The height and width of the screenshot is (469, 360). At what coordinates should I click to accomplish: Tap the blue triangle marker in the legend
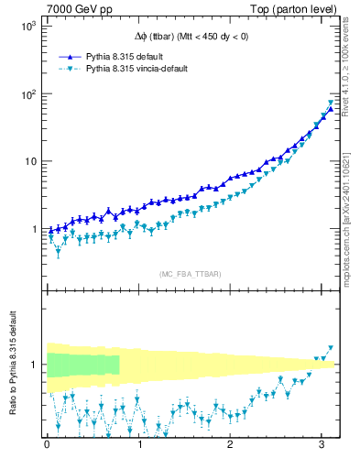point(70,56)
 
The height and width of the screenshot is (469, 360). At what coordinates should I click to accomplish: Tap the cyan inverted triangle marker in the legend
point(70,69)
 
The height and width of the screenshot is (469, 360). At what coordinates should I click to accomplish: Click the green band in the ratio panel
point(82,364)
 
